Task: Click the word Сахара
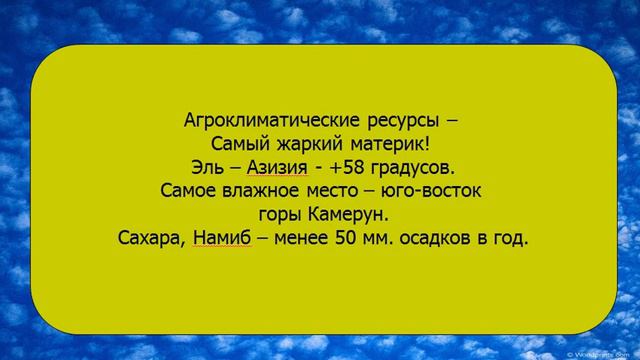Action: pyautogui.click(x=149, y=239)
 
